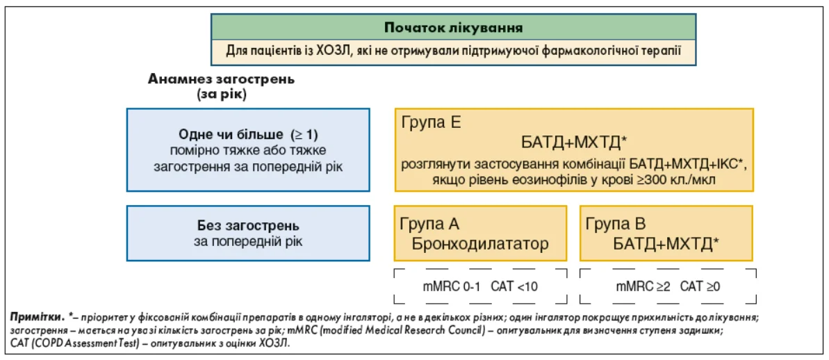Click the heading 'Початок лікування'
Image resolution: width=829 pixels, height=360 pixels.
(x=453, y=27)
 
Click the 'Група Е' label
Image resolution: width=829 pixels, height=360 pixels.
(x=432, y=123)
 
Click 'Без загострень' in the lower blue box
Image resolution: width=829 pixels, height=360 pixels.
(x=248, y=227)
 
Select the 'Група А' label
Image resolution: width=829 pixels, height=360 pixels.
(x=430, y=224)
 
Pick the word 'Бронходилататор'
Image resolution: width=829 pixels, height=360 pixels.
(x=479, y=245)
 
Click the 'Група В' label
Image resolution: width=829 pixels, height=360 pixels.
(x=616, y=224)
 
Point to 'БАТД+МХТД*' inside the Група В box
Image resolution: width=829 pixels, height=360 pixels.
(x=666, y=244)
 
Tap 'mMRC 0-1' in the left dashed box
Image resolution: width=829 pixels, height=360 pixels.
(x=450, y=287)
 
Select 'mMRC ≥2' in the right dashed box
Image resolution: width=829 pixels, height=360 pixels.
(x=641, y=287)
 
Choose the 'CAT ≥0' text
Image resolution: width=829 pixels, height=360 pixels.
(x=700, y=287)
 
